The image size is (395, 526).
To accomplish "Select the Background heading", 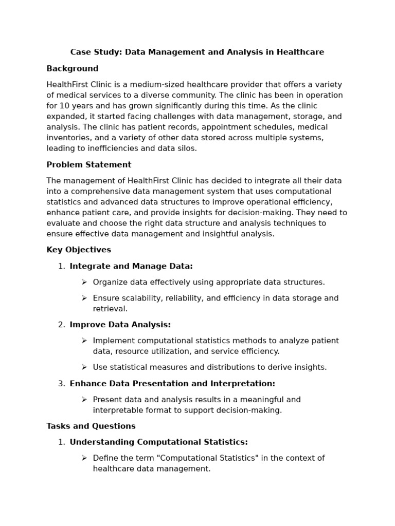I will [x=72, y=68].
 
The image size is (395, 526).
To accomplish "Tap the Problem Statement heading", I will [x=88, y=165].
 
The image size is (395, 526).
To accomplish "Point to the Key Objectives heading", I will [x=78, y=250].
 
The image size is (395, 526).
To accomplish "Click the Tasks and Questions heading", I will [x=91, y=426].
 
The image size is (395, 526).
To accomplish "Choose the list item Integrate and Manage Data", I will [x=131, y=266].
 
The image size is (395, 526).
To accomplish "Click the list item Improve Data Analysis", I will [x=120, y=325].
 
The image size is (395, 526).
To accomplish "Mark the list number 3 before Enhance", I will [x=61, y=384].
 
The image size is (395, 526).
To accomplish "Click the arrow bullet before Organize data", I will [x=84, y=282].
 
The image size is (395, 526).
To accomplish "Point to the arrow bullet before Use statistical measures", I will [x=84, y=367].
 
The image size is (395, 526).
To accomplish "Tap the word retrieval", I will [x=110, y=309].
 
